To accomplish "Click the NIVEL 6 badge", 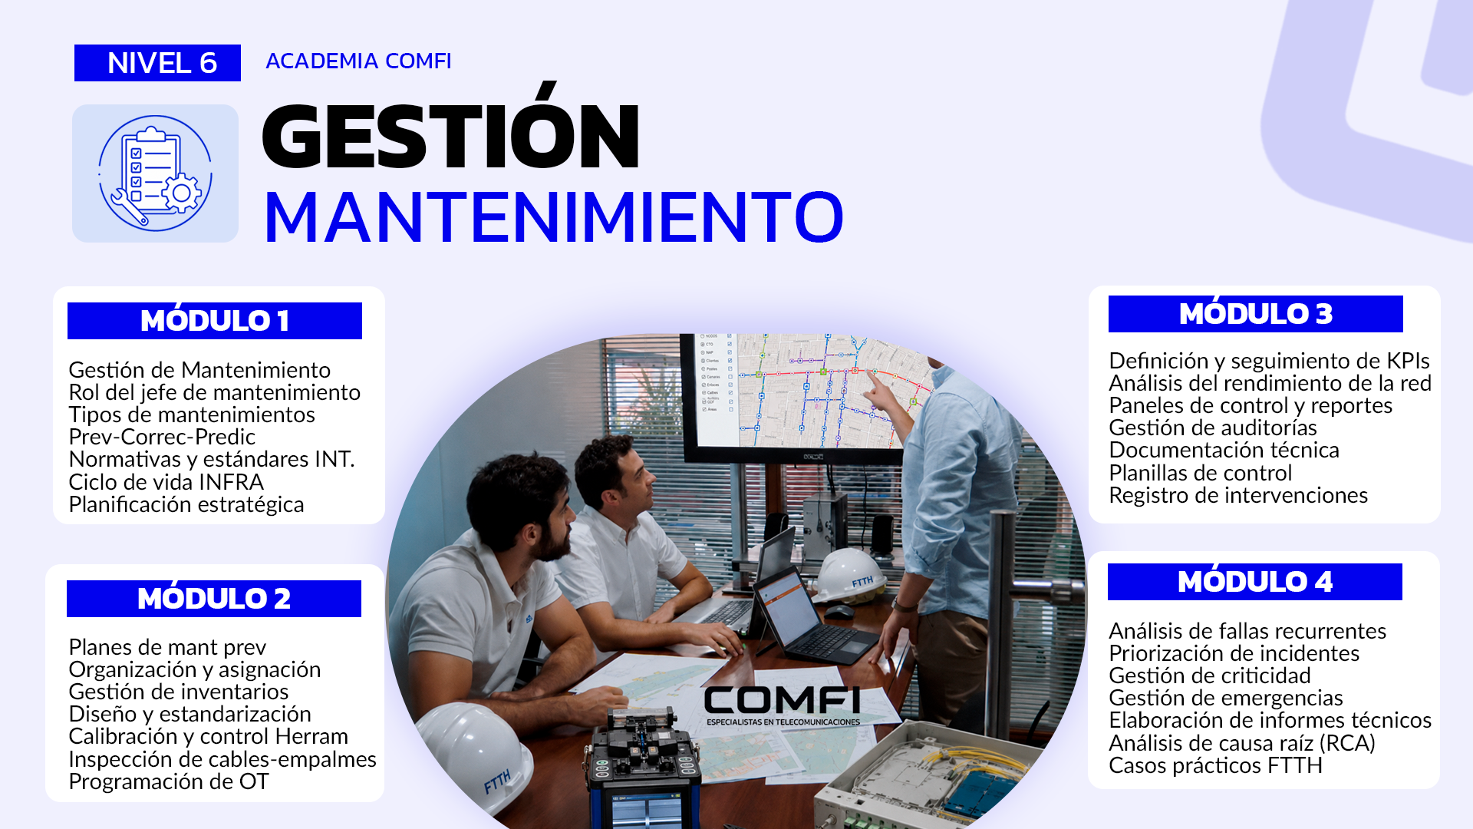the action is pyautogui.click(x=157, y=63).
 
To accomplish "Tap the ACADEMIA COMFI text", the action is pyautogui.click(x=358, y=61).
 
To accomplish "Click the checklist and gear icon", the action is pyautogui.click(x=155, y=173).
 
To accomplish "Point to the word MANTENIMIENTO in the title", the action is pyautogui.click(x=553, y=217).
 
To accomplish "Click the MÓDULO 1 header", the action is pyautogui.click(x=215, y=321).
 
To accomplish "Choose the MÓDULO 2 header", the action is pyautogui.click(x=214, y=599).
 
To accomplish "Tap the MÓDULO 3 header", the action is pyautogui.click(x=1256, y=314).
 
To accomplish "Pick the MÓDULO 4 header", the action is pyautogui.click(x=1255, y=582).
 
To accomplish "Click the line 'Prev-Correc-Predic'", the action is pyautogui.click(x=162, y=437).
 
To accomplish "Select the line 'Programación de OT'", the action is pyautogui.click(x=169, y=781).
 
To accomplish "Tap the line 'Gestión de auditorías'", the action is pyautogui.click(x=1213, y=428).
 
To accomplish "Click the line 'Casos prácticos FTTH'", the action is pyautogui.click(x=1216, y=765).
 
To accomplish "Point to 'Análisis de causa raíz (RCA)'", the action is pyautogui.click(x=1242, y=743).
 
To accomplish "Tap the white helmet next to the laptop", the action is pyautogui.click(x=849, y=574).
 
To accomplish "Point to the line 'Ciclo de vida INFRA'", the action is pyautogui.click(x=166, y=482).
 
